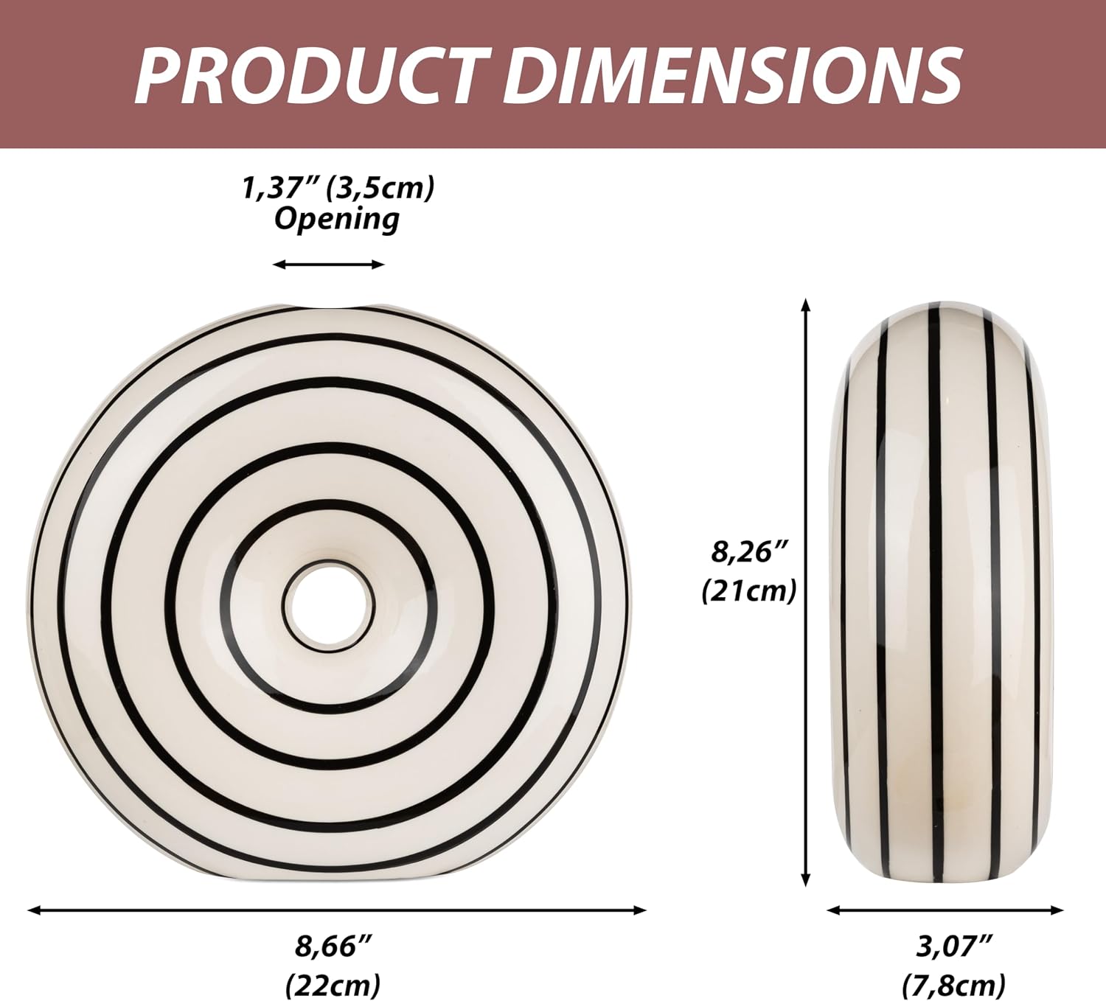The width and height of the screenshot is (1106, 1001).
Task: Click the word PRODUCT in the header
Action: (x=312, y=74)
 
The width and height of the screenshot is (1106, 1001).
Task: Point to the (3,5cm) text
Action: (x=380, y=189)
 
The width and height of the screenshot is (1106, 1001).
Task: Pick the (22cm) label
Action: (x=333, y=983)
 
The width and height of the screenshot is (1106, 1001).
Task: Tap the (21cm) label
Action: (x=749, y=591)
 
